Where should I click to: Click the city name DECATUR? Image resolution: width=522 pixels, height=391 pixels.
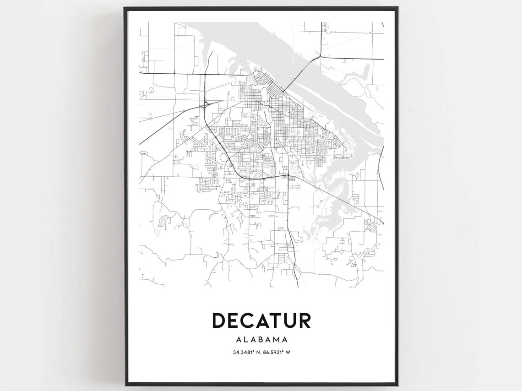[x=261, y=320]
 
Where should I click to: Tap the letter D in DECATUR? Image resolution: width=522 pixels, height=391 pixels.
[x=219, y=320]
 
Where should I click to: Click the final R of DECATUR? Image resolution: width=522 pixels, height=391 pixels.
[x=305, y=320]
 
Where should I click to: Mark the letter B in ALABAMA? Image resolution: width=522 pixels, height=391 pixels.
[x=261, y=340]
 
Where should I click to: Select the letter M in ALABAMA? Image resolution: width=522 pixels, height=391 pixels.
[x=277, y=340]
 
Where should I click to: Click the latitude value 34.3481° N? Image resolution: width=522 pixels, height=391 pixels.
[x=248, y=353]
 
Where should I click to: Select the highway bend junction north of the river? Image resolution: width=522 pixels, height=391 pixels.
[x=319, y=57]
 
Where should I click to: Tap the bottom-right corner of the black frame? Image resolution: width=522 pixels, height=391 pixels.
[x=397, y=384]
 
